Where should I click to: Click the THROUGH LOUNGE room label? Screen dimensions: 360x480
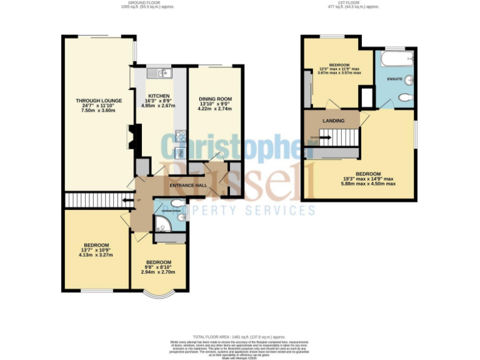click(x=98, y=101)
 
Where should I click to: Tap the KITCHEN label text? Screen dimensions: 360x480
click(x=159, y=96)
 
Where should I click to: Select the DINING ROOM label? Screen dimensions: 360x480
click(x=215, y=99)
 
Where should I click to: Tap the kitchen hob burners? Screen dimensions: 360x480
click(x=180, y=134)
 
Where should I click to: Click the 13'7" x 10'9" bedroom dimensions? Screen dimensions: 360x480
click(x=97, y=255)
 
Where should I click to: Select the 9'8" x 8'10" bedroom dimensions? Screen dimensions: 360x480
click(x=158, y=272)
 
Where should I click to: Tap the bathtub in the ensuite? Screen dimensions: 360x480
click(x=394, y=60)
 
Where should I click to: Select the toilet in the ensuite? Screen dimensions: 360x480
click(x=405, y=98)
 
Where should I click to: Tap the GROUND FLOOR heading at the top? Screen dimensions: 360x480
click(x=146, y=3)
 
